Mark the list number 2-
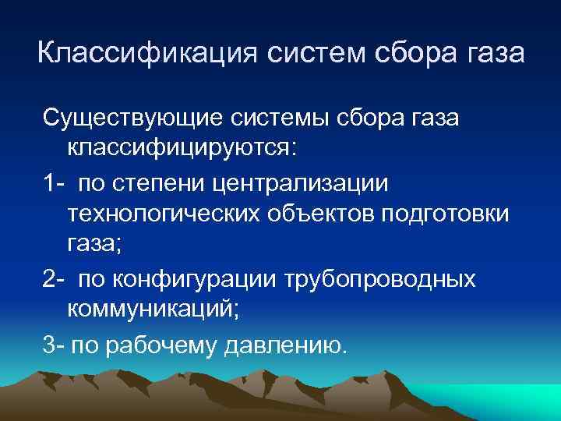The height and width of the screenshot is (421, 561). click(x=54, y=278)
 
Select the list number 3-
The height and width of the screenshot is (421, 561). click(x=54, y=344)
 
